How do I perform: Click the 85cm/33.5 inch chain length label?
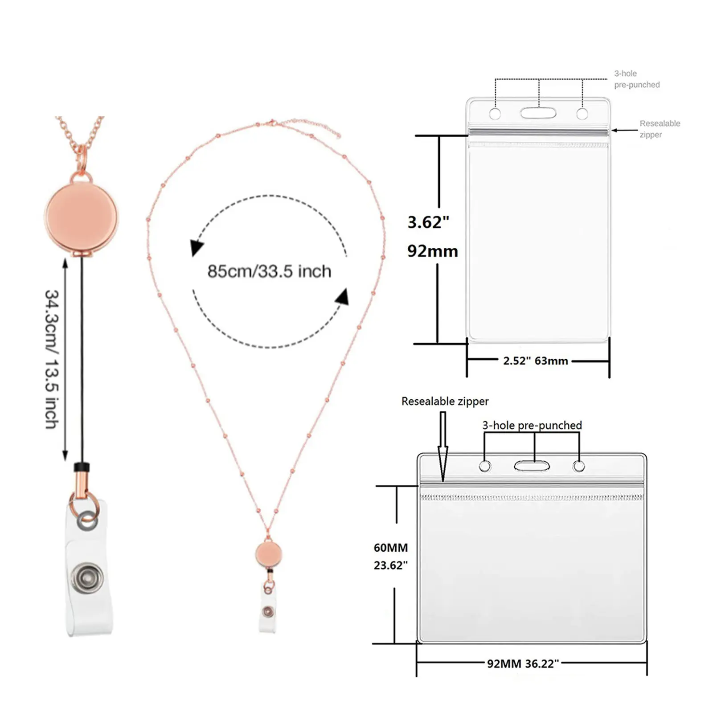pos(269,271)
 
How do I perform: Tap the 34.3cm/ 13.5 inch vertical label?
pos(52,359)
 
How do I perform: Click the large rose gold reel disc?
pos(82,217)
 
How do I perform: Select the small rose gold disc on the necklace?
pos(269,554)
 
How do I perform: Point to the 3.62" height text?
pos(428,222)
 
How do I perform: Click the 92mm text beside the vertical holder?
pos(432,251)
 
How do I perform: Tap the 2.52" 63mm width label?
pos(536,361)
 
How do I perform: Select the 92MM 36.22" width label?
pos(523,664)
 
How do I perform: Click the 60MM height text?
pos(391,548)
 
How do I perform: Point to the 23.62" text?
pos(391,565)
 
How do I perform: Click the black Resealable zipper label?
pos(445,401)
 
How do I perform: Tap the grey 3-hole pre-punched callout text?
pos(636,79)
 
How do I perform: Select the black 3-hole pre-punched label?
pos(532,425)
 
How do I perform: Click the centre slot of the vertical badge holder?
pos(538,113)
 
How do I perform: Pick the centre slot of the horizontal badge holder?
pos(532,466)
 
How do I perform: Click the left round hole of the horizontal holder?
pos(485,467)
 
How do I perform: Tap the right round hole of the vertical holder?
pos(582,114)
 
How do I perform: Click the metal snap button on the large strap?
pos(88,578)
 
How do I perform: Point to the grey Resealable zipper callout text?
pos(660,129)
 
